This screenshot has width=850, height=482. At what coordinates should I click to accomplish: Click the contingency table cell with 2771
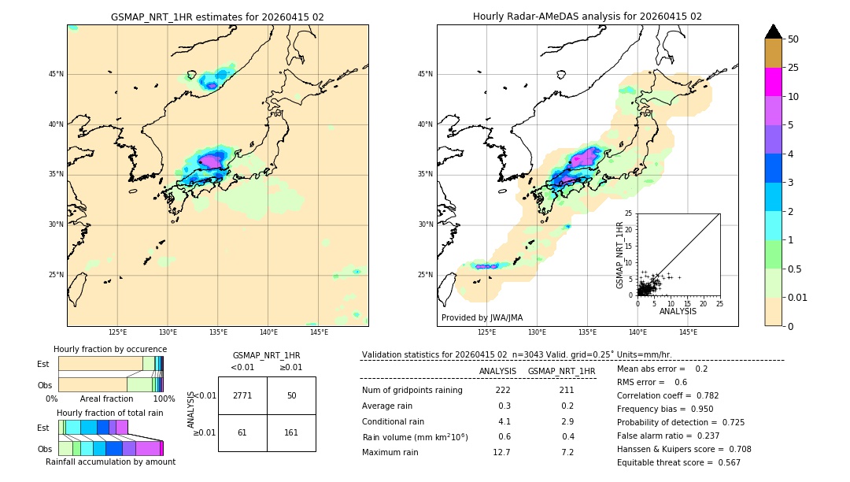coord(242,395)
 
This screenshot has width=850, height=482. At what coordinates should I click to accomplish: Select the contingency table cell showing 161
coord(291,432)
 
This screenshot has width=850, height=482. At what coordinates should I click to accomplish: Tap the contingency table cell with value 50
coord(291,395)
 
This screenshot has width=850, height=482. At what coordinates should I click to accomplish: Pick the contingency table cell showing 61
coord(242,432)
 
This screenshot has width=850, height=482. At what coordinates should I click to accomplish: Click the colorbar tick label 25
coord(793,68)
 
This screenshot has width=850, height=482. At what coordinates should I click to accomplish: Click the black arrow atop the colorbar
coord(774,32)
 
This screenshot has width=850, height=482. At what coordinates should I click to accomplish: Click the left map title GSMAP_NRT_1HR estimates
coord(217,17)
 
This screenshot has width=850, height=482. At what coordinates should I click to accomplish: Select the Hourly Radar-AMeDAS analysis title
coord(587,17)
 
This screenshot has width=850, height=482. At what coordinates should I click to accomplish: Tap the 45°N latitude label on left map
coord(56,74)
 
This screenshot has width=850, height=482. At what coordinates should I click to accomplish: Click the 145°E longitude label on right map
coord(688,332)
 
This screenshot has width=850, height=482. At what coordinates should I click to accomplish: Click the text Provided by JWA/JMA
coord(482,317)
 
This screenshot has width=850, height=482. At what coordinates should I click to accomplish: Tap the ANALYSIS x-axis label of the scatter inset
coord(678,311)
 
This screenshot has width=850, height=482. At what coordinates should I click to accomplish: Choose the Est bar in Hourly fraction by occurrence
coord(109,364)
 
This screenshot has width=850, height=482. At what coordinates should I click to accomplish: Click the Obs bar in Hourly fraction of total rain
coord(109,448)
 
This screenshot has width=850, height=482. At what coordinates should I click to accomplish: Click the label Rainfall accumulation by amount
coord(110,462)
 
